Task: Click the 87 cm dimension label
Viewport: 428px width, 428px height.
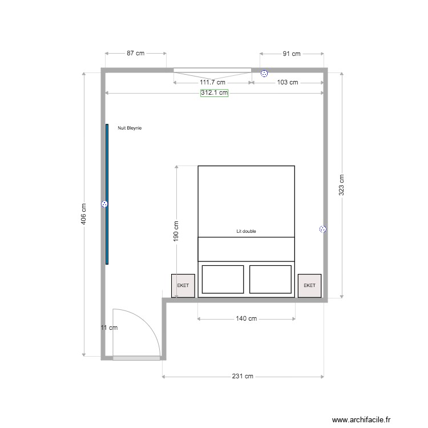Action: tap(135, 53)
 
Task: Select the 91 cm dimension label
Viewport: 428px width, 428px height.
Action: tap(292, 54)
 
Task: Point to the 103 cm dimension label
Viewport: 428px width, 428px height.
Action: tap(287, 82)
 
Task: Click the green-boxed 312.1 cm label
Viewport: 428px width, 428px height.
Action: tap(214, 92)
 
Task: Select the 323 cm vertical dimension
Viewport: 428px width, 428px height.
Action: tap(341, 184)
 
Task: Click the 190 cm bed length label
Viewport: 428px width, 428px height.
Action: tap(176, 232)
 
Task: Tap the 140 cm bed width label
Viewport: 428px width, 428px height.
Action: tap(245, 318)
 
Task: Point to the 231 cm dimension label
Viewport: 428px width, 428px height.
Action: tap(243, 377)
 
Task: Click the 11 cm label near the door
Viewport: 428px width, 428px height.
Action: tap(108, 328)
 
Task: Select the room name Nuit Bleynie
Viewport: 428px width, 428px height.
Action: tap(129, 128)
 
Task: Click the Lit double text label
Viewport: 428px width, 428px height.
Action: tap(246, 232)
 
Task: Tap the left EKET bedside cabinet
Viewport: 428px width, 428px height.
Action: tap(183, 285)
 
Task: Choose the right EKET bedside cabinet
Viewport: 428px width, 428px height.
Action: tap(310, 285)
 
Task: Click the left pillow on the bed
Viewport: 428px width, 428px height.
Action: tap(223, 279)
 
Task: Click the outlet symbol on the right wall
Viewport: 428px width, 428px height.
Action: tap(322, 229)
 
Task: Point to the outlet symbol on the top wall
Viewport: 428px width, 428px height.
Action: tap(264, 73)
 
